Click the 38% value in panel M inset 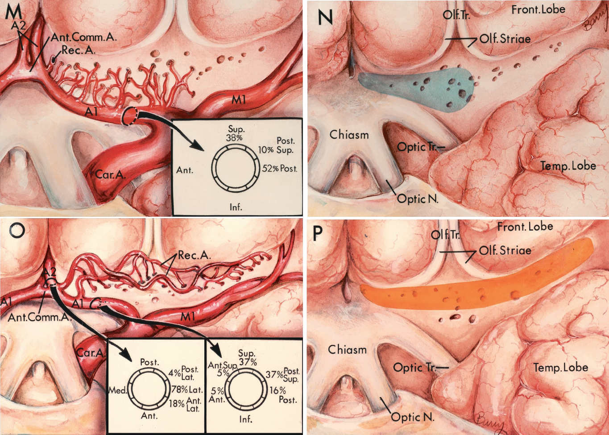(234, 138)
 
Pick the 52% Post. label (279, 169)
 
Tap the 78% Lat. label (187, 390)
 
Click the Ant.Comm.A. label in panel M (84, 37)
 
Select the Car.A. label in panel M (110, 174)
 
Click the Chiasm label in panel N (349, 134)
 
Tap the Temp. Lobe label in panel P (560, 368)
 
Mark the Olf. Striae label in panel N (505, 39)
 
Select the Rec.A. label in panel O (194, 256)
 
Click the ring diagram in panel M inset (234, 169)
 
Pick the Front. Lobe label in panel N (538, 9)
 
